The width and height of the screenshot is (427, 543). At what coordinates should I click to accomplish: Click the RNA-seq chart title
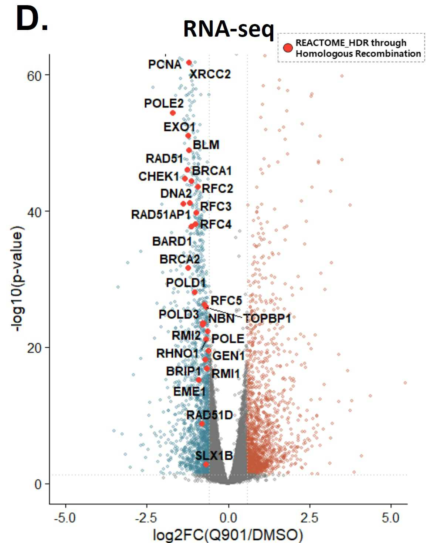pos(228,28)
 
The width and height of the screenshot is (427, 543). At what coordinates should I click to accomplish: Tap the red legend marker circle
pos(288,48)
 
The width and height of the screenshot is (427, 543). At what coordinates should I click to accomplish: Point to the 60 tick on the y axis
pos(34,76)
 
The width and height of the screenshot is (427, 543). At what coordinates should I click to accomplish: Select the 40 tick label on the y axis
pos(34,212)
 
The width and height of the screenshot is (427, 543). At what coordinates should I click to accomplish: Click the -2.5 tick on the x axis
pos(147,518)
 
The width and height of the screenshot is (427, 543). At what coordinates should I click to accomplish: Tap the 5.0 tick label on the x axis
pos(391,518)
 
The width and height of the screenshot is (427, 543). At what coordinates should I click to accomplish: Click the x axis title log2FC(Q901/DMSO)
pos(228,534)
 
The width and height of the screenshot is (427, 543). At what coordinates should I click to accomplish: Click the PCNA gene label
pos(165,64)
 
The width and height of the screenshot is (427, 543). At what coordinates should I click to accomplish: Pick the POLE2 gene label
pos(163,103)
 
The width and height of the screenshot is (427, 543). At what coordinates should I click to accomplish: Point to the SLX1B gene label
pos(214,455)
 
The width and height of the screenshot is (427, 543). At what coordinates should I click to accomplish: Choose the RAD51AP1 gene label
pos(160,215)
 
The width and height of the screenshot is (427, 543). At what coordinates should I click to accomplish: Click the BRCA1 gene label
pos(212,171)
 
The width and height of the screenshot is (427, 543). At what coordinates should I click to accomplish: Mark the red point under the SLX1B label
pos(206,465)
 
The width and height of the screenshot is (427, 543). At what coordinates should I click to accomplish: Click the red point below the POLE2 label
pos(173,113)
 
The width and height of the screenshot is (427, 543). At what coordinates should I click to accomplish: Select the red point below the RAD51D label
pos(202,424)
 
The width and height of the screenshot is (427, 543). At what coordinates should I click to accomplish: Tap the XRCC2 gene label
pos(210,74)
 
